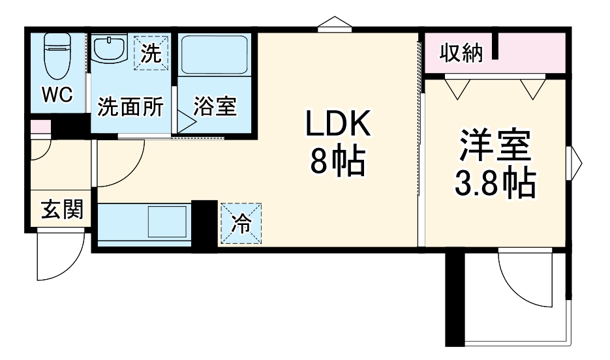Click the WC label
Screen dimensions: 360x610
tap(57, 95)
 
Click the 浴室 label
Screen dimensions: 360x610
tap(215, 106)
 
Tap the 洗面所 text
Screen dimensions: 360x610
tap(130, 106)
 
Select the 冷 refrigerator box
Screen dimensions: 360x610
tap(241, 224)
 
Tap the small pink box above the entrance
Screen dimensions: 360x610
tap(40, 127)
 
